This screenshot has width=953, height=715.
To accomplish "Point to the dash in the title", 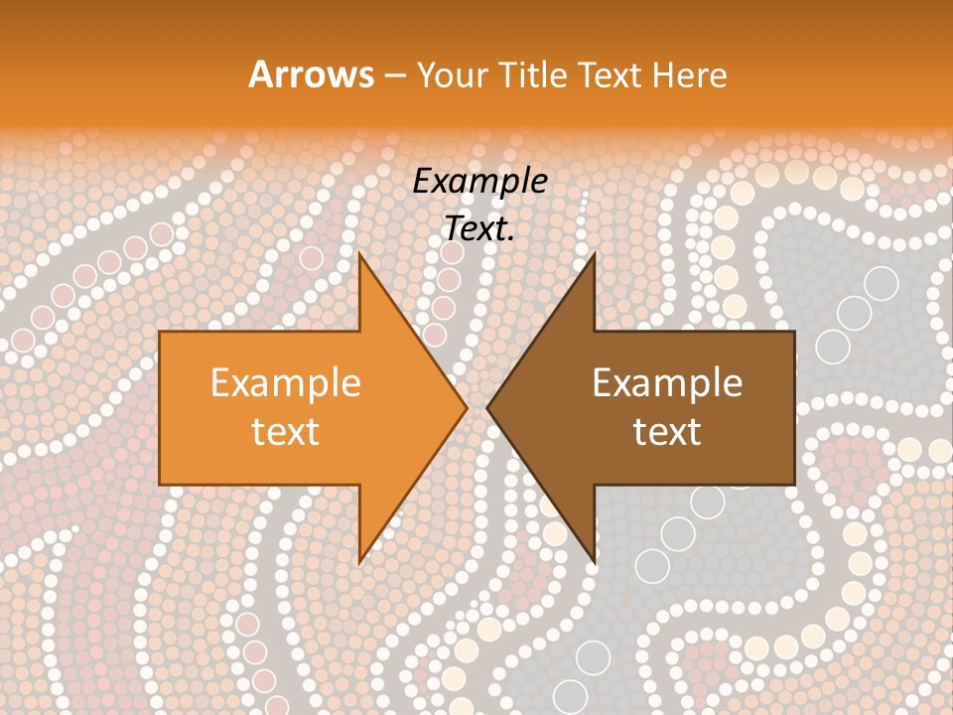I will click(394, 75).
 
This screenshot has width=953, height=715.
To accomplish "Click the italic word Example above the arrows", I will click(480, 181).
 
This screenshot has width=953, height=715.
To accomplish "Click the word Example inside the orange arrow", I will click(286, 382).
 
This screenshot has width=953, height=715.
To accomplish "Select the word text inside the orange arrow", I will click(286, 431).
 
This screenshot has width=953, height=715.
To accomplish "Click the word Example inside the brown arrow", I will click(667, 382).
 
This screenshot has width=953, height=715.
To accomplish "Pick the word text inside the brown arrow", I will click(667, 431).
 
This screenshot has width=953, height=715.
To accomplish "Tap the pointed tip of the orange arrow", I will click(467, 407).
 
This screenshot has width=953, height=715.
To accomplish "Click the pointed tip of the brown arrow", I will click(487, 407).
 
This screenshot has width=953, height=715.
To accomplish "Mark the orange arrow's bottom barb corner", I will click(359, 563).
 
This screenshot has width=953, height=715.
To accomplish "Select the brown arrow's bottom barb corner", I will click(594, 563).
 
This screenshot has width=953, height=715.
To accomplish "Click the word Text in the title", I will click(612, 74).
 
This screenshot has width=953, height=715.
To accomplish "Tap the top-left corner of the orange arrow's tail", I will click(160, 332).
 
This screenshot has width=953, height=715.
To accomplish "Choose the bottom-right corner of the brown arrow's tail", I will click(794, 485).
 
